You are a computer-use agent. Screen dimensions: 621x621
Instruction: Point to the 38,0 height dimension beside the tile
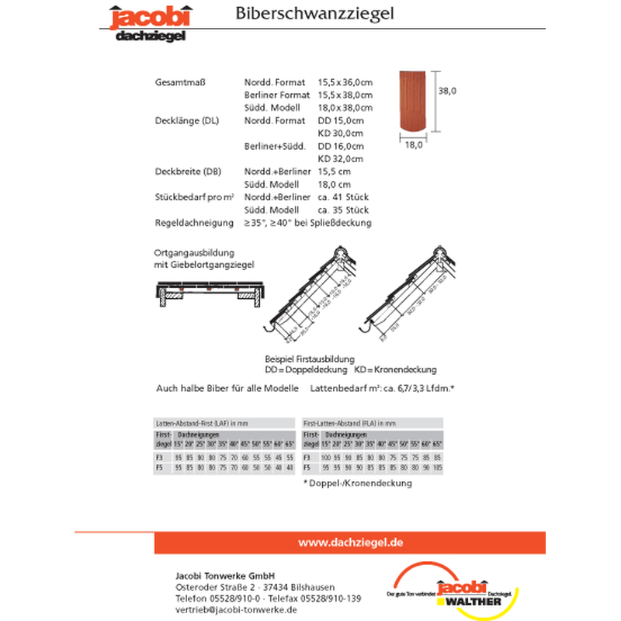[x=447, y=91]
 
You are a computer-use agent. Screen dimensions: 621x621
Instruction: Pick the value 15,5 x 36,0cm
[x=345, y=82]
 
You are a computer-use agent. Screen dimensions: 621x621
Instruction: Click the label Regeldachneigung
[x=194, y=223]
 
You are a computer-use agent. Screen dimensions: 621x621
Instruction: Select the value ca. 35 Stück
[x=344, y=210]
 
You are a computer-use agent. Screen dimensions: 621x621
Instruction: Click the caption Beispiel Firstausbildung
[x=310, y=359]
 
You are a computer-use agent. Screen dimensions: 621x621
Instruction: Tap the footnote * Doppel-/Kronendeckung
[x=357, y=483]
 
